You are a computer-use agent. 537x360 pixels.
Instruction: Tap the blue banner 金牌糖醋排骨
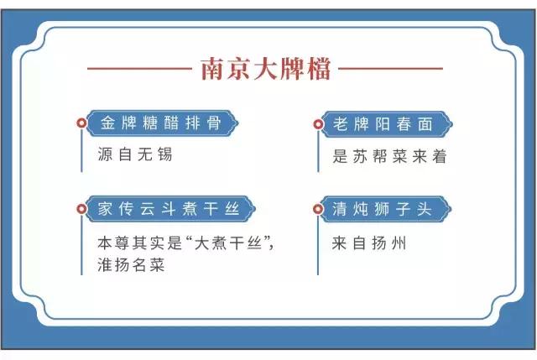(x=160, y=123)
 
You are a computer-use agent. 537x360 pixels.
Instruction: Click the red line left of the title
(x=138, y=68)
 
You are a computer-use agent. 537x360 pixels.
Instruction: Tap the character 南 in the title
(x=213, y=68)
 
